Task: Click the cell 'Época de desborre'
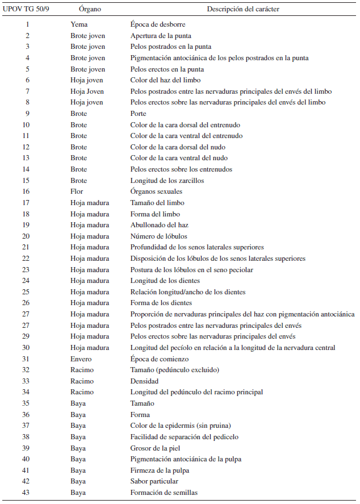pyautogui.click(x=158, y=24)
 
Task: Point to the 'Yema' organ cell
pyautogui.click(x=79, y=24)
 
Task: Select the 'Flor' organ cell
pyautogui.click(x=77, y=191)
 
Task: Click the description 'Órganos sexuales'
pyautogui.click(x=157, y=191)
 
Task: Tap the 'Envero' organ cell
pyautogui.click(x=81, y=359)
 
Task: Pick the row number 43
pyautogui.click(x=26, y=492)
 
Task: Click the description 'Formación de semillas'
pyautogui.click(x=164, y=492)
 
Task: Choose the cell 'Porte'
pyautogui.click(x=139, y=114)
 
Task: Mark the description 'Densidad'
pyautogui.click(x=144, y=381)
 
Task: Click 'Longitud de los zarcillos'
pyautogui.click(x=167, y=181)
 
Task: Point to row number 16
pyautogui.click(x=26, y=191)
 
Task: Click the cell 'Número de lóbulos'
pyautogui.click(x=158, y=236)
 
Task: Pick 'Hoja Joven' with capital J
pyautogui.click(x=87, y=91)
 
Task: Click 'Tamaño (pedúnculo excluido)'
pyautogui.click(x=174, y=370)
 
